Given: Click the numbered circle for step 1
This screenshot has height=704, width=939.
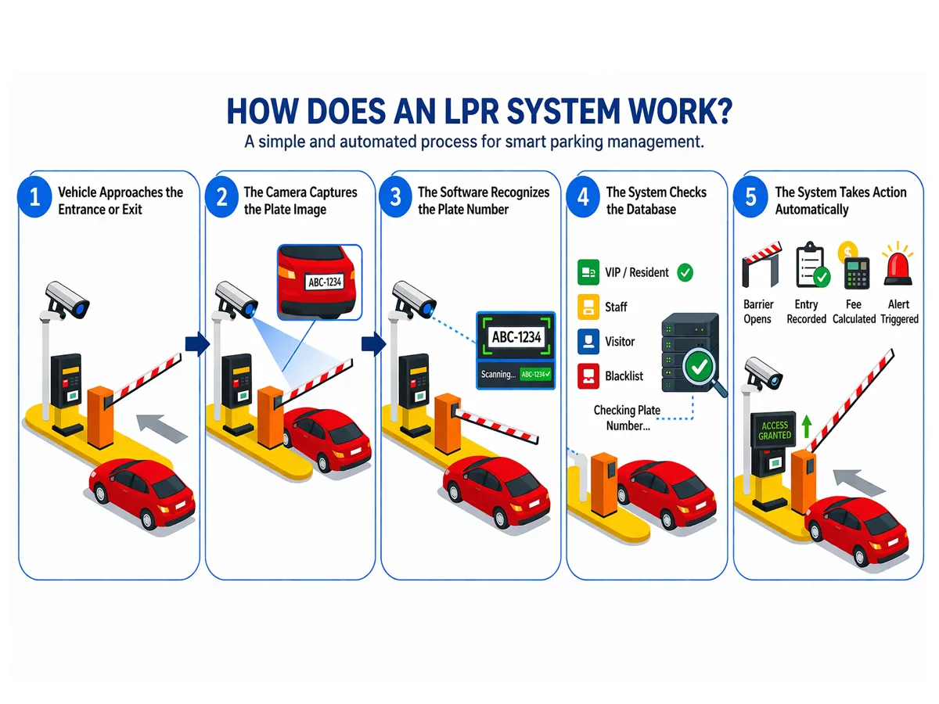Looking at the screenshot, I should (x=34, y=197).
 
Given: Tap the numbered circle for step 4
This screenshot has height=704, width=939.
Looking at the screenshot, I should (x=583, y=197).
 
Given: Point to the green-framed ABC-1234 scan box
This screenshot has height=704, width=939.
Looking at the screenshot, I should (x=516, y=337).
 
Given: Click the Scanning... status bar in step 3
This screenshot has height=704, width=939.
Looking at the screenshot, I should (x=516, y=375).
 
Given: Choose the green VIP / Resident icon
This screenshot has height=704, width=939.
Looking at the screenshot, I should (x=587, y=272).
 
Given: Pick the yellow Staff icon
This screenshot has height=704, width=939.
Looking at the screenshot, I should (x=587, y=307).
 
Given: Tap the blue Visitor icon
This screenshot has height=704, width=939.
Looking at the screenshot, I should (x=587, y=341).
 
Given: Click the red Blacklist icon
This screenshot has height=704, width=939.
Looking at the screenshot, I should (x=587, y=375).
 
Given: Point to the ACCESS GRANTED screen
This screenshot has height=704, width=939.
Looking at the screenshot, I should (x=775, y=430).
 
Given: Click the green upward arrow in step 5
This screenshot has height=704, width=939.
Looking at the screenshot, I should (x=806, y=427).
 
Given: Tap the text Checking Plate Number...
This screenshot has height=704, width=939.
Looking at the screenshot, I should (x=627, y=418).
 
